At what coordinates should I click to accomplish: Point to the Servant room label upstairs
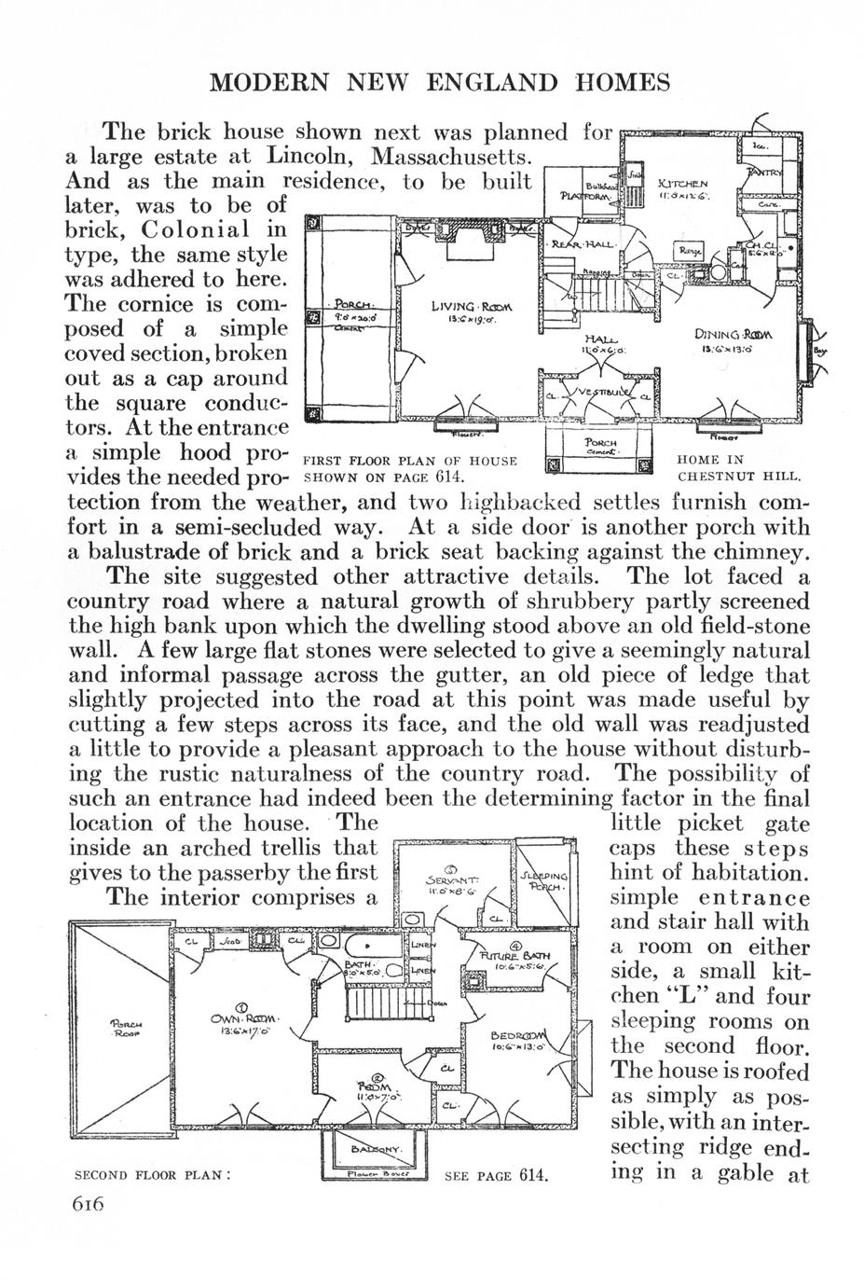(452, 879)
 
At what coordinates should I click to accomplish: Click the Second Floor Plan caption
(151, 1175)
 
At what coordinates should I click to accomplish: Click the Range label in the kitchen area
(690, 251)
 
